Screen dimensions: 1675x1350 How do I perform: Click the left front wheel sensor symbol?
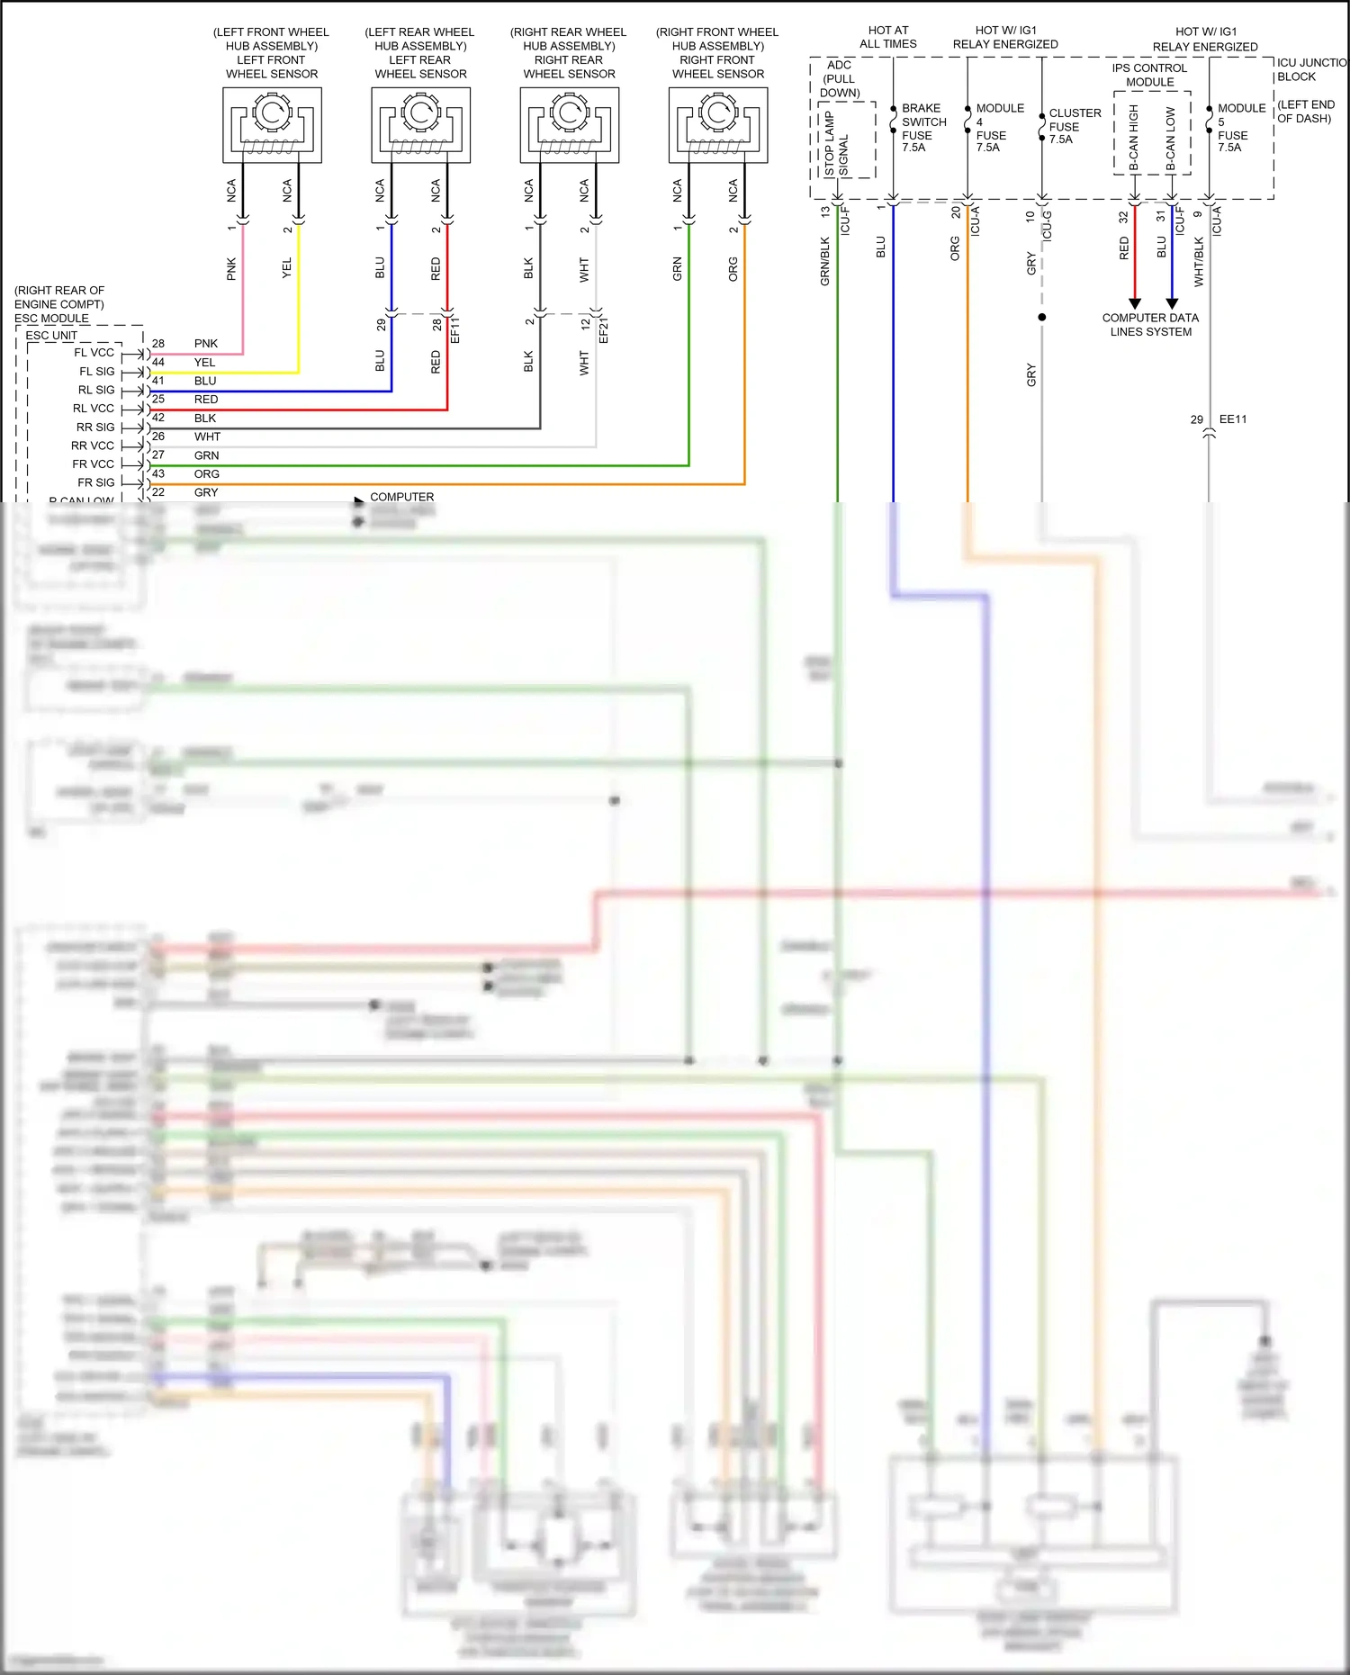(272, 125)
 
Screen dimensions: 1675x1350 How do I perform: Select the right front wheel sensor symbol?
(718, 125)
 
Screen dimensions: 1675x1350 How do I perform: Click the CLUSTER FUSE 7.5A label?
(1074, 126)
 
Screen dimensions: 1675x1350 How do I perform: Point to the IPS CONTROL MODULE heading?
(1149, 75)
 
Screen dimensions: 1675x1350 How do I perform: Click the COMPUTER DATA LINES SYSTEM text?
(1150, 325)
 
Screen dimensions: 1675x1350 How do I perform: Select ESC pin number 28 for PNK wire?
(158, 344)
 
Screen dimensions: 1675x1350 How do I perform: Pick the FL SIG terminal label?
(97, 372)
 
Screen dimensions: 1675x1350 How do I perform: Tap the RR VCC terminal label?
(93, 446)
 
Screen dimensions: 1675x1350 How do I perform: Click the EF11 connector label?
(454, 329)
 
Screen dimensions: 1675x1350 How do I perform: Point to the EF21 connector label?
(604, 329)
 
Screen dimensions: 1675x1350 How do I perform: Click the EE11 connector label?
(1232, 419)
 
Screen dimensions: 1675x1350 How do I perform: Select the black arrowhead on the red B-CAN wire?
(1135, 303)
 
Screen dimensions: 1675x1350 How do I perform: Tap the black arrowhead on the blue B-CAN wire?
(1172, 303)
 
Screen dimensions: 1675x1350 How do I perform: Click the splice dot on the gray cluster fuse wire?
(1042, 317)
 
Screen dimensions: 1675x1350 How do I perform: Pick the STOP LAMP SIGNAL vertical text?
(836, 144)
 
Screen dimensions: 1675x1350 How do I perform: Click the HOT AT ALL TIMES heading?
(887, 37)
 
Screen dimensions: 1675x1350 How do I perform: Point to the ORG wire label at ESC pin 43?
(206, 474)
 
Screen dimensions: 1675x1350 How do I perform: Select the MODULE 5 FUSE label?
(1240, 127)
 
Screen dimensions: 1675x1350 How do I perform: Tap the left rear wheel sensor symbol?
(420, 125)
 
